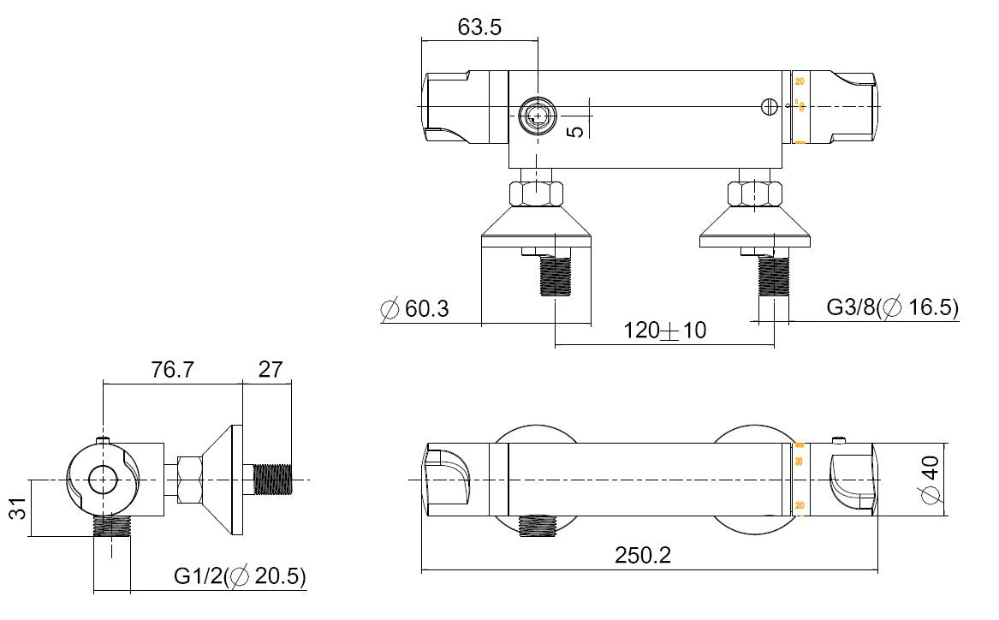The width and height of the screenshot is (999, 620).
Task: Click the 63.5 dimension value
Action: (x=479, y=27)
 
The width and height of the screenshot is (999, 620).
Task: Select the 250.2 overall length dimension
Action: (x=643, y=555)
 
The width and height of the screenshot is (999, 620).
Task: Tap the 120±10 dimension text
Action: (x=664, y=330)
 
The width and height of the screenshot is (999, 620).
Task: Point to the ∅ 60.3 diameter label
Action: (x=414, y=308)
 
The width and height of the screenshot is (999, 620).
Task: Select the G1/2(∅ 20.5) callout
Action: (x=239, y=576)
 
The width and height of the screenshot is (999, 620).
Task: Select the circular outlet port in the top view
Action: (x=537, y=117)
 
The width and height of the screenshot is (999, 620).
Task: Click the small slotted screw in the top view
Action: (x=770, y=106)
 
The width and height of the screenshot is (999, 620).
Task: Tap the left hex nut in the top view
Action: (x=536, y=193)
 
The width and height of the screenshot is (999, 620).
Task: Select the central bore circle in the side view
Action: (x=104, y=480)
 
